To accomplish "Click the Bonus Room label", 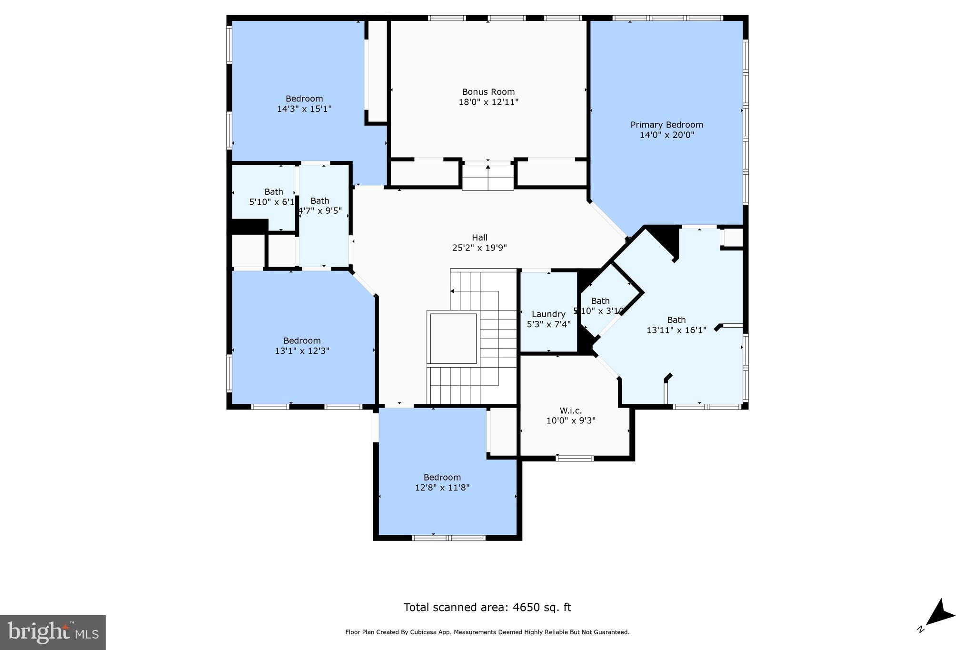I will (488, 92).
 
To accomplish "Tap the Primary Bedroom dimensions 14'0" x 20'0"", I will (667, 135).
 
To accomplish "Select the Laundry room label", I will (548, 314).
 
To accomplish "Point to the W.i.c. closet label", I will (570, 411).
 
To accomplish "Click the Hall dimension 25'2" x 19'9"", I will (479, 248).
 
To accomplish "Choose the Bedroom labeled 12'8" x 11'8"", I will (442, 482).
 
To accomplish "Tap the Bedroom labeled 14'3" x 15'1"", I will (304, 104).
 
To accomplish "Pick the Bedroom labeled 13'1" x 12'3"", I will (302, 346).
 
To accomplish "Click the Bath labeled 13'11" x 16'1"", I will (676, 325).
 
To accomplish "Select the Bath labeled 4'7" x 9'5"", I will (320, 206).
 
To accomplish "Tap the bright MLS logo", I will (53, 632).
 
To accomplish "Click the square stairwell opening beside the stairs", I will (453, 338).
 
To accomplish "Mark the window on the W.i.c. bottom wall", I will (575, 459).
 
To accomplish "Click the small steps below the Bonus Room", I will (487, 177).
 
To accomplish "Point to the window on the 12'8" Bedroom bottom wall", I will (448, 538).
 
